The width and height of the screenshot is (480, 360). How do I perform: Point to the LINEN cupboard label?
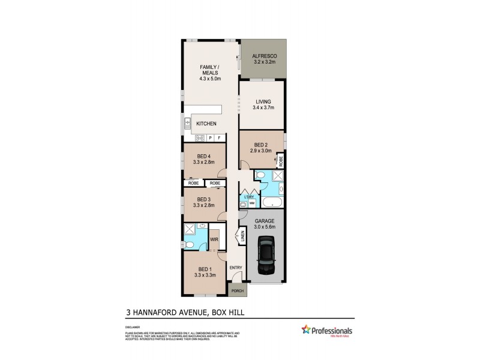(x=243, y=236)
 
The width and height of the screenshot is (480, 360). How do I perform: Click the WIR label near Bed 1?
(x=213, y=239)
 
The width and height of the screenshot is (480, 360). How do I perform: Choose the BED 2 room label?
(x=260, y=145)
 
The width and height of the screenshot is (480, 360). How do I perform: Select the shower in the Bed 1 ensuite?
(x=190, y=229)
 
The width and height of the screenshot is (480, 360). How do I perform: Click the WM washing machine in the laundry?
(x=251, y=202)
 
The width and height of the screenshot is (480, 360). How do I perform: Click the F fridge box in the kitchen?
(x=219, y=138)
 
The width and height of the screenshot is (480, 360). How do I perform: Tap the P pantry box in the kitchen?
(x=210, y=138)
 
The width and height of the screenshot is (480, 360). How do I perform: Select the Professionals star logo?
(x=305, y=329)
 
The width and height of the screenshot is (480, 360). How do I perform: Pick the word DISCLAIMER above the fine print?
(x=133, y=327)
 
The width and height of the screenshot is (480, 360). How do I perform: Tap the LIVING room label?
(x=262, y=101)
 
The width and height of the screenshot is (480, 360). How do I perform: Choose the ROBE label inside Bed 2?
(x=280, y=161)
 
